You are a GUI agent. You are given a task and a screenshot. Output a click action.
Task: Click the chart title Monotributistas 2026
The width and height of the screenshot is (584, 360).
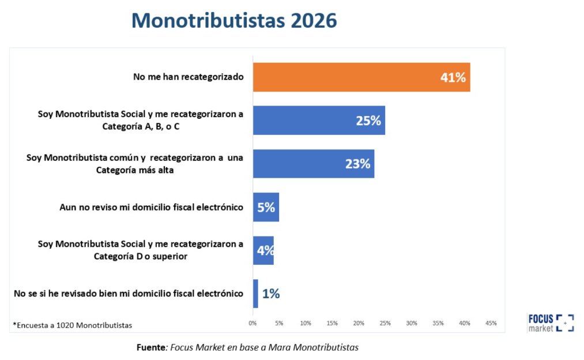click(x=234, y=20)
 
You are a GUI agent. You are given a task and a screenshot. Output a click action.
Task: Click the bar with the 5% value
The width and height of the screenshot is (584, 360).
click(x=266, y=207)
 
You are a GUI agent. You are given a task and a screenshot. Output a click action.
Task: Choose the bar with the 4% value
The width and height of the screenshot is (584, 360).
click(x=263, y=250)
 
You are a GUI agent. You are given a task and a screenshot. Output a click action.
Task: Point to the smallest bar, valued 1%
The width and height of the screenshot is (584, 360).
click(x=255, y=294)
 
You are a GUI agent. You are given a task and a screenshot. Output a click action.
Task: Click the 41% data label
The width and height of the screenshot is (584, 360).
click(x=453, y=77)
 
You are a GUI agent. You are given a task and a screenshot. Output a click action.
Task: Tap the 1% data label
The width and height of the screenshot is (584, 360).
click(x=270, y=294)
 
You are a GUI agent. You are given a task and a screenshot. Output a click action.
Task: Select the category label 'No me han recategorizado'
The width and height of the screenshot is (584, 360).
click(x=180, y=77)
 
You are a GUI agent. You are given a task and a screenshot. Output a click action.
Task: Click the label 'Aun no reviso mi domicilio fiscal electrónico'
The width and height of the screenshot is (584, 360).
click(x=151, y=207)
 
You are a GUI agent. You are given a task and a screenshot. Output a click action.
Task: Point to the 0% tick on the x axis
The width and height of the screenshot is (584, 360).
click(x=253, y=323)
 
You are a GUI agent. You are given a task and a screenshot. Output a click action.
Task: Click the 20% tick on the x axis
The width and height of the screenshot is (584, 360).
click(x=359, y=323)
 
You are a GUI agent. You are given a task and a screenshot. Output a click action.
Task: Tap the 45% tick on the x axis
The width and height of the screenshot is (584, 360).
click(x=491, y=323)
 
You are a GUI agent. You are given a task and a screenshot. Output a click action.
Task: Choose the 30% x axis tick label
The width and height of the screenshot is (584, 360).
click(x=412, y=323)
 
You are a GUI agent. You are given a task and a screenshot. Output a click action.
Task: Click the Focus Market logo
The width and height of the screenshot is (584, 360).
click(x=551, y=322)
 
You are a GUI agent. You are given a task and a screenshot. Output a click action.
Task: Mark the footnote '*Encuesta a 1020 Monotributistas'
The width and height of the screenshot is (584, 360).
click(x=72, y=325)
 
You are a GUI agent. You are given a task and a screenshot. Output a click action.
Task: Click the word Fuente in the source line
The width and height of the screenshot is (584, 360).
click(x=151, y=347)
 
